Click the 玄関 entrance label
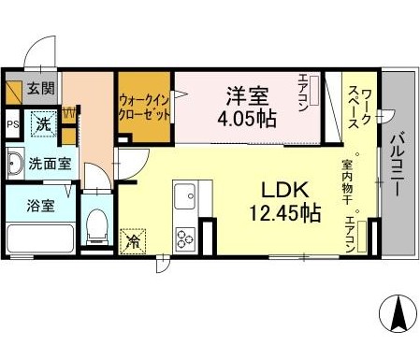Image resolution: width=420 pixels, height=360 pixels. tap(40, 88)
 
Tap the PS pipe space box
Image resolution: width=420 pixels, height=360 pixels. tap(13, 124)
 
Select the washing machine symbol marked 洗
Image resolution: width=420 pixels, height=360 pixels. tap(44, 124)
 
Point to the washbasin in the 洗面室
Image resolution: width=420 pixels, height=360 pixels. tap(16, 164)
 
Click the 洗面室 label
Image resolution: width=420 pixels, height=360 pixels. tap(50, 164)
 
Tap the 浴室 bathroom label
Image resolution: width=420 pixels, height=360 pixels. tap(40, 206)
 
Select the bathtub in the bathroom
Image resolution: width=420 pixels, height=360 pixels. tap(40, 238)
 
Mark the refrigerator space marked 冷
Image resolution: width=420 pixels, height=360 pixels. tap(133, 241)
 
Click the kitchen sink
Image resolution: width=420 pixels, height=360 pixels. tap(185, 196)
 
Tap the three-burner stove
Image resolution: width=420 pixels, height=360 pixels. tap(185, 239)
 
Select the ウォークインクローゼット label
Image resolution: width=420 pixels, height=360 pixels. tap(145, 108)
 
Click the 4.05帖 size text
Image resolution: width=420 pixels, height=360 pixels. tap(247, 119)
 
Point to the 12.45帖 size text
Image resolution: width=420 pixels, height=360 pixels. tap(285, 213)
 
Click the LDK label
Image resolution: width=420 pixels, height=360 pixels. tap(285, 190)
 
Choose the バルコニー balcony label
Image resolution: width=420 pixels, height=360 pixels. tap(398, 165)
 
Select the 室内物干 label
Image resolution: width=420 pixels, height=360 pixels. tap(347, 182)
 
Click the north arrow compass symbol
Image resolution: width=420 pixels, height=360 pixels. tap(398, 313)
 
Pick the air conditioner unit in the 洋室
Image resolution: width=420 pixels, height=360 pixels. tap(314, 91)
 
